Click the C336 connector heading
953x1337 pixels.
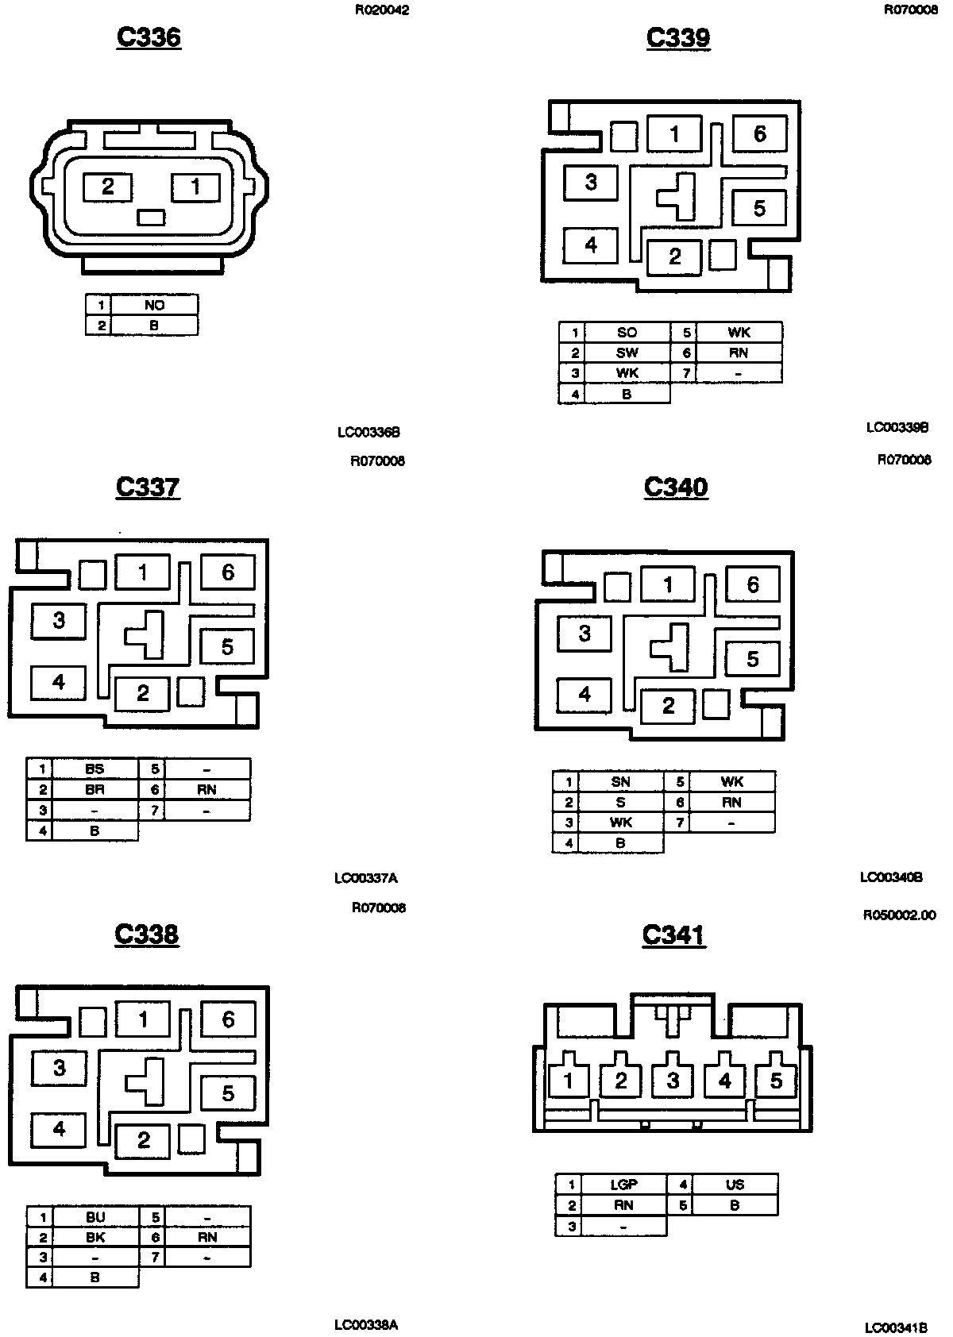click(149, 37)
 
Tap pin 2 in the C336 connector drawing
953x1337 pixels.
click(108, 187)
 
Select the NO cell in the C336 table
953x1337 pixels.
click(154, 305)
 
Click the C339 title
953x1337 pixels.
click(678, 37)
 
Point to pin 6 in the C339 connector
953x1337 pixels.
click(759, 133)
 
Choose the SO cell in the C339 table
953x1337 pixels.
click(627, 333)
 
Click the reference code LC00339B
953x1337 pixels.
click(897, 427)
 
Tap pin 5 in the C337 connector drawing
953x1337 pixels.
click(227, 646)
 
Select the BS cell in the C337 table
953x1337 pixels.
click(95, 769)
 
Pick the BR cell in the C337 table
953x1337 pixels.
click(95, 789)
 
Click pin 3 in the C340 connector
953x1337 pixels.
click(585, 634)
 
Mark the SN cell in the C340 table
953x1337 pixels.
click(620, 782)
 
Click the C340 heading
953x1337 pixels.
click(676, 487)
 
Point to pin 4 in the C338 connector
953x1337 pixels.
click(59, 1128)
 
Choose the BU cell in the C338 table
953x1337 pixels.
click(95, 1217)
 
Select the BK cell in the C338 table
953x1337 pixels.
click(95, 1237)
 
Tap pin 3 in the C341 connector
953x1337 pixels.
click(673, 1081)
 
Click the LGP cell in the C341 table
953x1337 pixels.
click(623, 1185)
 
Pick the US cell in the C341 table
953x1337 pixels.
click(735, 1185)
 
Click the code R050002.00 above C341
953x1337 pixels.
click(899, 915)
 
